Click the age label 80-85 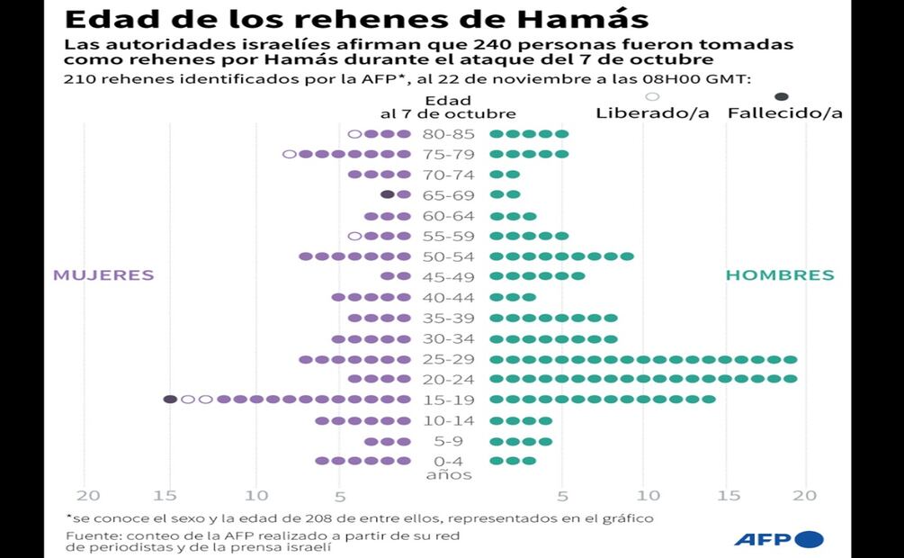point(447,134)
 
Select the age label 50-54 point(447,256)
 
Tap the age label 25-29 point(447,359)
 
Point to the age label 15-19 point(447,400)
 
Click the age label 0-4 point(447,461)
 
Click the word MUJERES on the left point(103,275)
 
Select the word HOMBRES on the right point(780,275)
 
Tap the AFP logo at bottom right point(778,539)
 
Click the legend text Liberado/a point(652,113)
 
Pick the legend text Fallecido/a point(784,113)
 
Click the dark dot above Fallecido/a point(782,96)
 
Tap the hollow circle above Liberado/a point(653,96)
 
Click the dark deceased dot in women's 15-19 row point(170,400)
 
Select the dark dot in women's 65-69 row point(387,194)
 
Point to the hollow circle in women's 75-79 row point(289,154)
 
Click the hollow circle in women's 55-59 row point(354,236)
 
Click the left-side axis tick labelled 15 point(166,495)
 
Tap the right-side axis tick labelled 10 point(647,495)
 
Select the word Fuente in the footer point(88,535)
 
